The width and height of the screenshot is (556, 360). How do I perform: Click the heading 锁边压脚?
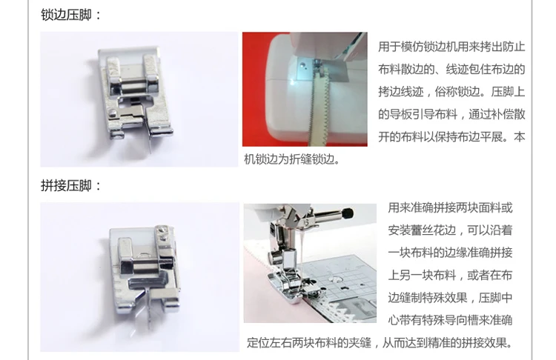[66, 15]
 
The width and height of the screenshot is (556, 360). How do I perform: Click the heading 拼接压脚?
[66, 185]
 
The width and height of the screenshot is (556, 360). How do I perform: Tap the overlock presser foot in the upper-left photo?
[135, 94]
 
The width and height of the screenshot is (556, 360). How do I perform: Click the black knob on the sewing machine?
[348, 213]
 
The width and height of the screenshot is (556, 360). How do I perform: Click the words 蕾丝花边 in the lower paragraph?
[434, 230]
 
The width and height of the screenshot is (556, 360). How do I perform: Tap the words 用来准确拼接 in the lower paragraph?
[422, 207]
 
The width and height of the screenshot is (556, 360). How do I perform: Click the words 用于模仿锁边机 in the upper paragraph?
[417, 47]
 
